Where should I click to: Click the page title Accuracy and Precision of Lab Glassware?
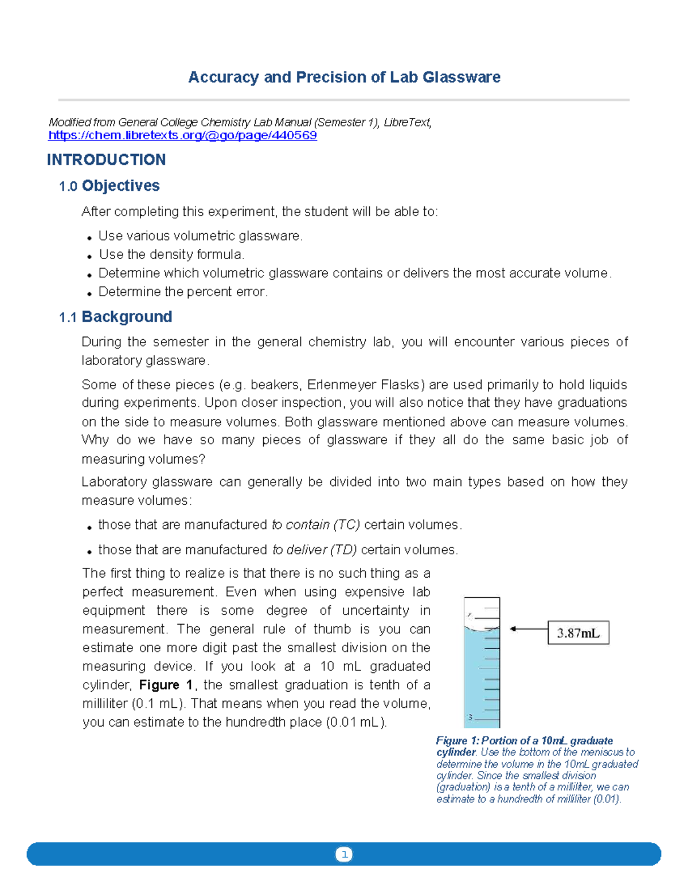click(x=344, y=77)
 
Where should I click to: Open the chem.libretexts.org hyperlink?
click(x=182, y=136)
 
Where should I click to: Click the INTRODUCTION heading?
click(x=106, y=160)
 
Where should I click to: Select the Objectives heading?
click(x=120, y=186)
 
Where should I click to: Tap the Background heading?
click(x=127, y=317)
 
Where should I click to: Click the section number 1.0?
click(x=68, y=186)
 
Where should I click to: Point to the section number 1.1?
click(x=68, y=317)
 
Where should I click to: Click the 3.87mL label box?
click(x=578, y=633)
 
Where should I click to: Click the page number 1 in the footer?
click(x=344, y=854)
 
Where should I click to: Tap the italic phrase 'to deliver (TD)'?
click(x=314, y=550)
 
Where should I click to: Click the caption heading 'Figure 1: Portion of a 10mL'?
click(x=524, y=741)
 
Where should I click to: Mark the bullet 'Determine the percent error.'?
click(x=183, y=292)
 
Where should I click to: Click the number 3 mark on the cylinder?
click(x=470, y=718)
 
